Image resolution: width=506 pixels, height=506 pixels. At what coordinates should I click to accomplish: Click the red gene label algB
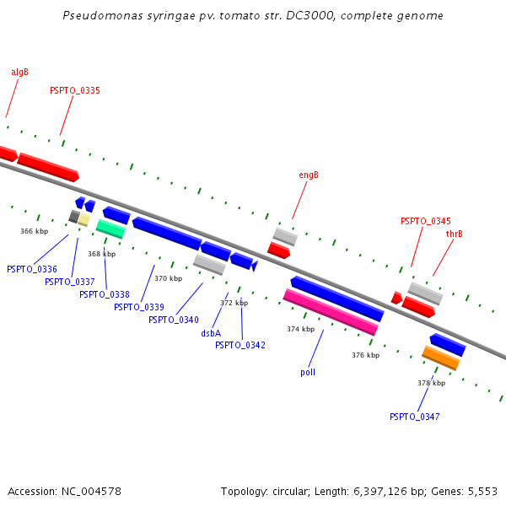(x=19, y=72)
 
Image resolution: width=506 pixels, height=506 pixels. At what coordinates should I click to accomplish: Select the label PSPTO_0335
(x=75, y=90)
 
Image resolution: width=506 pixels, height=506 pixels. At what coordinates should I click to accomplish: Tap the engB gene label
(x=309, y=175)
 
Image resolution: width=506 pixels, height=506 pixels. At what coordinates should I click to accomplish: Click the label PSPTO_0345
(x=425, y=221)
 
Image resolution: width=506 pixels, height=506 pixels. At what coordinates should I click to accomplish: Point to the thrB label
(x=454, y=234)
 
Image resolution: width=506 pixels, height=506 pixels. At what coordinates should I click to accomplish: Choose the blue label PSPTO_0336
(x=32, y=269)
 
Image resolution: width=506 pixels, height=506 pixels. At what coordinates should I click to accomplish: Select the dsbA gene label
(x=211, y=333)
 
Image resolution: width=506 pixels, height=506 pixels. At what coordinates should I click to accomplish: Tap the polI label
(x=308, y=371)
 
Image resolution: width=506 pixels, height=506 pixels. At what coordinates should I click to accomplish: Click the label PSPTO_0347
(x=414, y=417)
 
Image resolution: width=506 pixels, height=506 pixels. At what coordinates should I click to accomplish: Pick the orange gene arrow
(x=441, y=358)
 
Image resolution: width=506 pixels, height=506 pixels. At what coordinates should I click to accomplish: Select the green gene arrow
(x=110, y=229)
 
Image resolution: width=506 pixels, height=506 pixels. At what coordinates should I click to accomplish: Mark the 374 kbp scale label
(x=300, y=329)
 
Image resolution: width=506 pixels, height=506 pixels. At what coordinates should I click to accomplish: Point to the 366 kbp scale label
(x=34, y=230)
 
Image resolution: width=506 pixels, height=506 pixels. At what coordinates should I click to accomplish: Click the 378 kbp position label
(x=431, y=383)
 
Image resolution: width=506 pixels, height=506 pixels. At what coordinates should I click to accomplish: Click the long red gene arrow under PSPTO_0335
(x=48, y=166)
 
